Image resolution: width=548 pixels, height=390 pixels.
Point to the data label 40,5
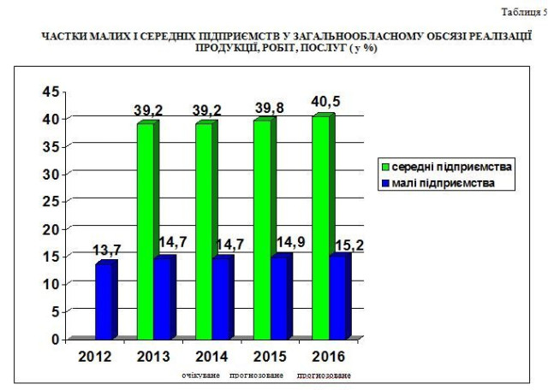tap(326, 103)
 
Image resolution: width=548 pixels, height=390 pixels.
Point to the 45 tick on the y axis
tap(51, 92)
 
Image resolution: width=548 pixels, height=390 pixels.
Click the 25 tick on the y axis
tap(51, 201)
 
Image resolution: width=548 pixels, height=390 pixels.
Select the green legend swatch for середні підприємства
tap(386, 165)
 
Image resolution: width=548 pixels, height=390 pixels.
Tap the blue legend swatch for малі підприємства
tap(386, 182)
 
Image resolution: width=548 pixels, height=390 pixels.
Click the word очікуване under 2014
tap(201, 375)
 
